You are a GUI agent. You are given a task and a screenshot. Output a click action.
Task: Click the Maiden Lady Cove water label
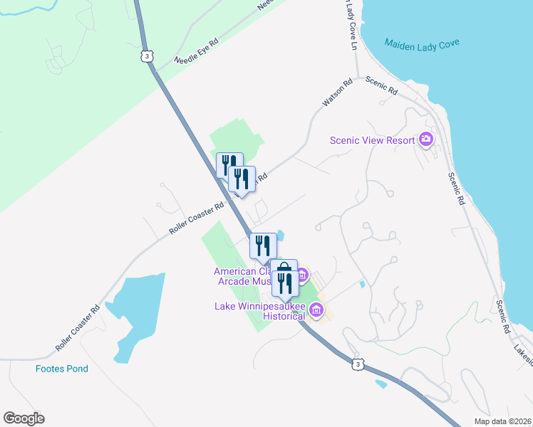[x=422, y=43]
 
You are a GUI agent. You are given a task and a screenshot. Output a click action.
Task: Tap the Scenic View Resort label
[x=372, y=140]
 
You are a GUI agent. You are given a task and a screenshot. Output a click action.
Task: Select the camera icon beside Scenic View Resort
[x=426, y=139]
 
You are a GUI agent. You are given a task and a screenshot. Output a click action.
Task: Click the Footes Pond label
[x=62, y=369]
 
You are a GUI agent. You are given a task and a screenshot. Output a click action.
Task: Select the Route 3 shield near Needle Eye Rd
[x=148, y=56]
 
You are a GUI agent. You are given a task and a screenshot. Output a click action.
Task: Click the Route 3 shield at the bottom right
[x=358, y=364]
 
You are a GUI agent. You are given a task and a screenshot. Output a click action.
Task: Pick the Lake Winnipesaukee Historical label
[x=260, y=311]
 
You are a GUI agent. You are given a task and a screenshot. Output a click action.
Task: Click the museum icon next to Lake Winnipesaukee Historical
[x=317, y=310]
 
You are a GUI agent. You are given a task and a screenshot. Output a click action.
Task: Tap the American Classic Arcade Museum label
[x=242, y=276]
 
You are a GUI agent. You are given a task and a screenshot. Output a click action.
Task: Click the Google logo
[x=24, y=418]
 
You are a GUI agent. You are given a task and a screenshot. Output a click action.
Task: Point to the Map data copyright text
[x=502, y=421]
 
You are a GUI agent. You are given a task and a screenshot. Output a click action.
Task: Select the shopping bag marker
[x=284, y=270]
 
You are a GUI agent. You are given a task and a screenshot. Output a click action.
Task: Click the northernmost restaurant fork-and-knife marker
[x=229, y=164]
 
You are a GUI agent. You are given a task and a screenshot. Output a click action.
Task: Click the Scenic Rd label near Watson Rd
[x=381, y=86]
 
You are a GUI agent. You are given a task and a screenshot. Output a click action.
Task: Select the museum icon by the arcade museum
[x=301, y=274]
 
